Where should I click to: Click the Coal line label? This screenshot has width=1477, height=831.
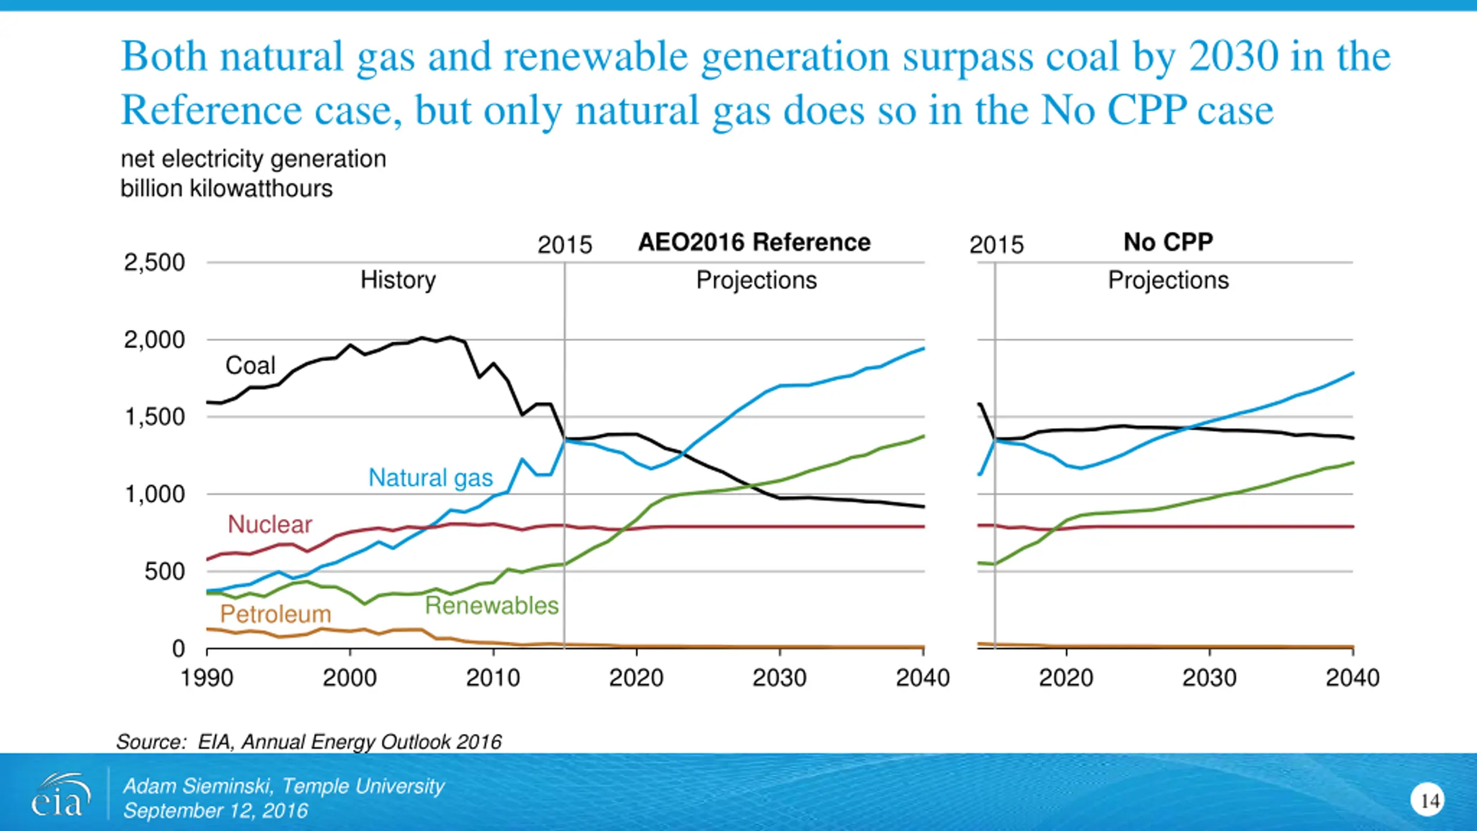[x=250, y=365]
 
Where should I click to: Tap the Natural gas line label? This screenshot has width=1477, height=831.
[x=430, y=478]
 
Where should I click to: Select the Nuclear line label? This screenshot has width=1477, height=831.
[x=270, y=525]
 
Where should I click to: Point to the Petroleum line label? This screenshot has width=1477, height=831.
[x=276, y=614]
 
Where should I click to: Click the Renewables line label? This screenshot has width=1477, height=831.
[x=492, y=605]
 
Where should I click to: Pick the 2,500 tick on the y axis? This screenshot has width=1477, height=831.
[x=155, y=263]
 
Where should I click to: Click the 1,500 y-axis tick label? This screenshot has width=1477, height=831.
[x=155, y=417]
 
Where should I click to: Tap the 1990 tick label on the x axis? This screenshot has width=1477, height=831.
[x=207, y=677]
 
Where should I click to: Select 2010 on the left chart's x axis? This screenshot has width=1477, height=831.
[x=493, y=677]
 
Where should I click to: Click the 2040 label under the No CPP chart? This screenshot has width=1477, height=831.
[x=1352, y=677]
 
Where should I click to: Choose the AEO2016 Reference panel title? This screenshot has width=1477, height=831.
[x=754, y=242]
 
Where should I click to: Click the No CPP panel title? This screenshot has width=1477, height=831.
[x=1168, y=242]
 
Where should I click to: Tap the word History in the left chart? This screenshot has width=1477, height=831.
[x=398, y=280]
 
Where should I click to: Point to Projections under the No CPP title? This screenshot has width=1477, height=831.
[x=1168, y=280]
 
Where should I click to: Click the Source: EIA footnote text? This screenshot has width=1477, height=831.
[x=309, y=742]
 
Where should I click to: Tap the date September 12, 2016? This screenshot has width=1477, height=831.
[x=216, y=811]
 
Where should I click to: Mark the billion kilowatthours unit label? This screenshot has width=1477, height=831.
[x=226, y=189]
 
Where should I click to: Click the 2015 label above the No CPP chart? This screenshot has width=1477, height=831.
[x=996, y=245]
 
